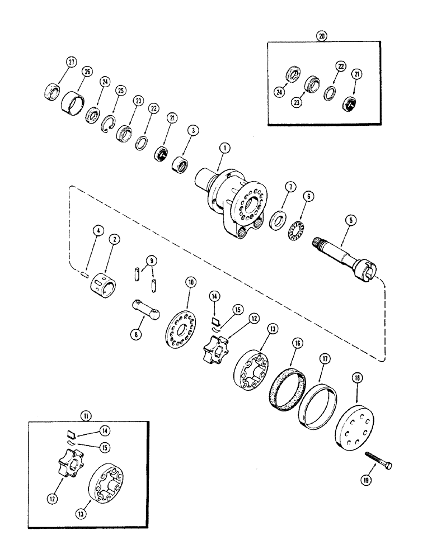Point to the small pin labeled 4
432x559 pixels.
tap(83, 274)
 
